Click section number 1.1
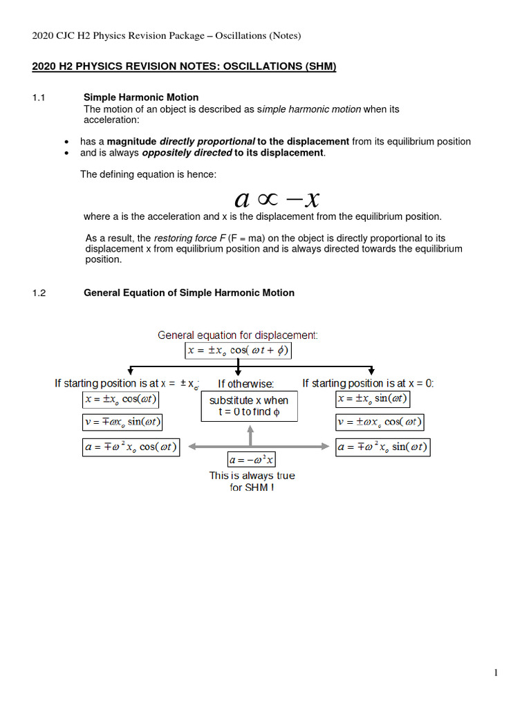click(x=39, y=97)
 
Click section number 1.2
click(x=39, y=292)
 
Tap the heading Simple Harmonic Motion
click(x=141, y=97)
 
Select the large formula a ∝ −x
click(x=277, y=199)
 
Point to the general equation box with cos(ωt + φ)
click(x=239, y=351)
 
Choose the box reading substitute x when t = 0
click(x=249, y=407)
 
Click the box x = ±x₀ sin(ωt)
click(x=373, y=399)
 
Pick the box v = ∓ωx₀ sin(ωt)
click(x=123, y=422)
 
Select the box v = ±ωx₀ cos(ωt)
click(x=380, y=422)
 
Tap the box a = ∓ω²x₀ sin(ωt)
click(x=382, y=447)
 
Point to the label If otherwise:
click(x=246, y=384)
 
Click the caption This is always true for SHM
click(x=252, y=481)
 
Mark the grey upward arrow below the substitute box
click(x=251, y=436)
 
